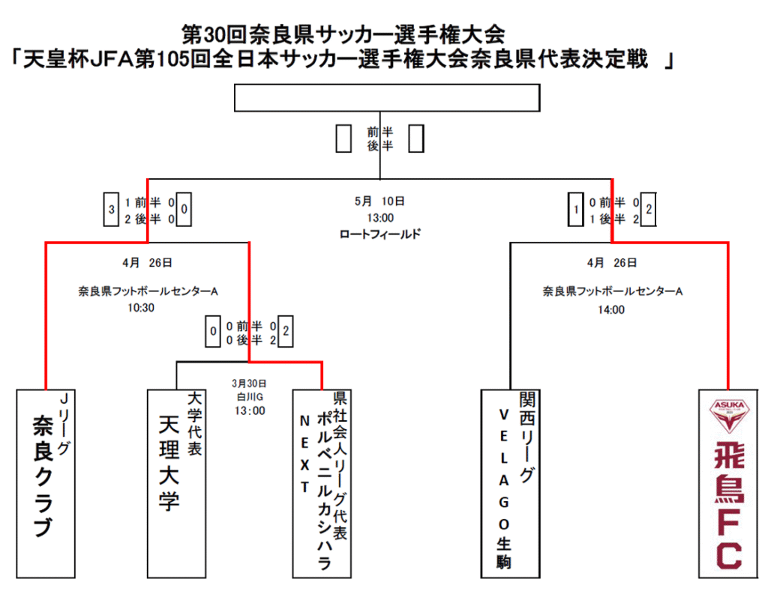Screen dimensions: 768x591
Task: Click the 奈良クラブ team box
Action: tap(46, 483)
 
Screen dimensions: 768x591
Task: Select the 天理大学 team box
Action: tap(176, 483)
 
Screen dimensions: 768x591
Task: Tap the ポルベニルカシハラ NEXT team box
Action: tap(322, 483)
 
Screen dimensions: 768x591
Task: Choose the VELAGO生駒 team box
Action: tap(510, 483)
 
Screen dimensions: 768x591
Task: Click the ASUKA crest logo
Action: tap(729, 416)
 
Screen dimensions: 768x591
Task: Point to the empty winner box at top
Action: tap(387, 98)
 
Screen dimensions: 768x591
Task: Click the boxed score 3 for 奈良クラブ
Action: tap(111, 210)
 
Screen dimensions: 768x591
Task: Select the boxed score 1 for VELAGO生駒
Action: tap(575, 210)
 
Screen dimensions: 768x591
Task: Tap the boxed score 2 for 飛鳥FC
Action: tap(649, 210)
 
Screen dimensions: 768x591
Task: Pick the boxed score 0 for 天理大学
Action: tap(212, 331)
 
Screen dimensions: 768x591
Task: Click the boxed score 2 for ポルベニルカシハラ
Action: tap(286, 331)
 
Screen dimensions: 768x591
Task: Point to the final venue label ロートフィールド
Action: tap(380, 234)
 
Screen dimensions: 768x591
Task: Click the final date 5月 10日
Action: tap(380, 201)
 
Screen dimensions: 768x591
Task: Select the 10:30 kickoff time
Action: tap(141, 308)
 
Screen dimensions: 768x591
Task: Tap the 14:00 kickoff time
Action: tap(611, 309)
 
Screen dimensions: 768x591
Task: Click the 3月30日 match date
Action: tap(249, 383)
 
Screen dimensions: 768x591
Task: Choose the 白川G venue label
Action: tap(250, 397)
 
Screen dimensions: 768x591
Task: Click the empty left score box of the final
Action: tap(343, 139)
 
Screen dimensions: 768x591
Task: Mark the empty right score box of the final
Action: tap(416, 139)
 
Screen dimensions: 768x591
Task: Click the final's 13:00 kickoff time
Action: tap(380, 218)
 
